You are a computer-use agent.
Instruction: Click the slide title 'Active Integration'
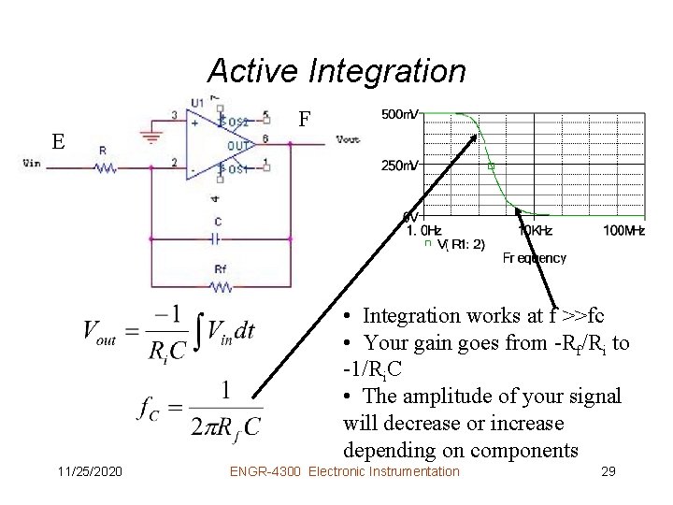[336, 70]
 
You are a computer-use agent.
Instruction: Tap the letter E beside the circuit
[58, 142]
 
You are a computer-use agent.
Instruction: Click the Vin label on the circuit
[32, 162]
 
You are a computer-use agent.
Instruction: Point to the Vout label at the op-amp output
[347, 140]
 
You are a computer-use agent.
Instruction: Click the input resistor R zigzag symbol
[104, 168]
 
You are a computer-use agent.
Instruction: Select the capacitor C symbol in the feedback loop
[218, 238]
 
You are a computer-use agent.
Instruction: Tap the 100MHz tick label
[623, 229]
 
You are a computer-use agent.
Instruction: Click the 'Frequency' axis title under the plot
[534, 257]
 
